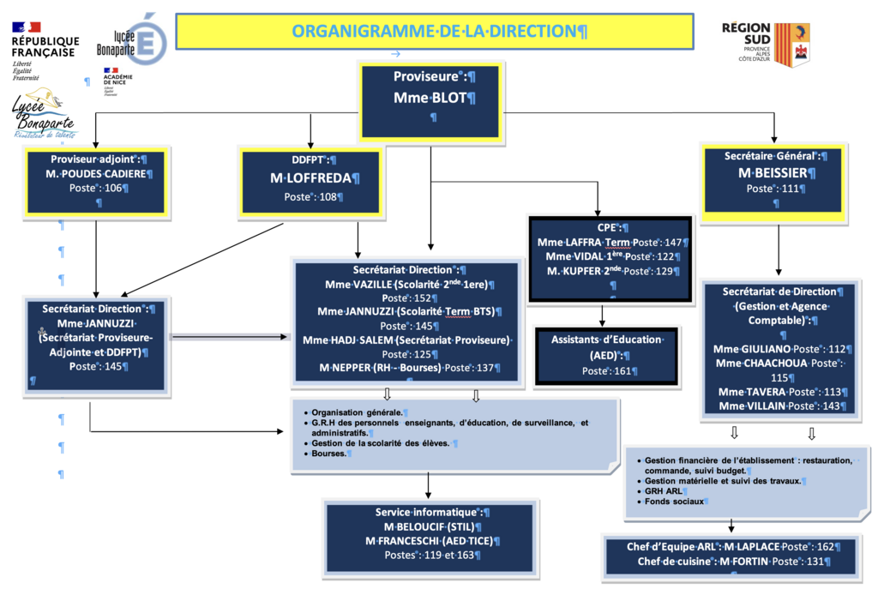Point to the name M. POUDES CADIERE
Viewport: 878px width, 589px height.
pyautogui.click(x=99, y=173)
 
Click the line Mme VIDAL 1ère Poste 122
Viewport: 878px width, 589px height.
pyautogui.click(x=610, y=256)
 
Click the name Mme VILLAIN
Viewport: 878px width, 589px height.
pyautogui.click(x=752, y=406)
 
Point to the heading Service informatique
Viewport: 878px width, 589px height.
pyautogui.click(x=426, y=513)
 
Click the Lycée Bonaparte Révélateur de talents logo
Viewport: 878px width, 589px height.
pyautogui.click(x=43, y=114)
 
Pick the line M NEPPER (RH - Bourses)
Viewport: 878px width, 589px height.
pyautogui.click(x=380, y=368)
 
